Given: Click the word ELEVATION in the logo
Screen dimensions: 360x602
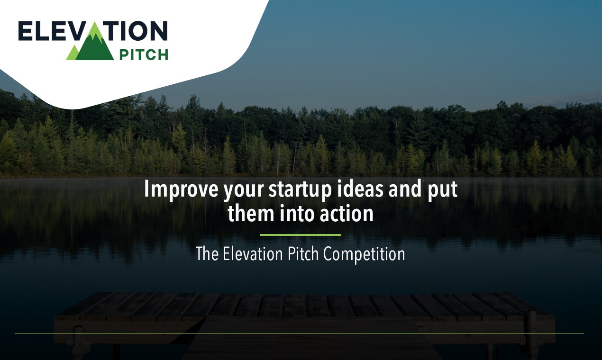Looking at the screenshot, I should [x=93, y=31].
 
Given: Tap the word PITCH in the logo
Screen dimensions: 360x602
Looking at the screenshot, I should [x=143, y=54].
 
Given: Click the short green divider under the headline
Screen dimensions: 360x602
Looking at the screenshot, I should [x=301, y=234].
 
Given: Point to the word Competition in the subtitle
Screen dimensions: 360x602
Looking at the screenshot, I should [x=365, y=254].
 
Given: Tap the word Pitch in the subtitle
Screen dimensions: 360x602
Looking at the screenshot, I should [x=304, y=254].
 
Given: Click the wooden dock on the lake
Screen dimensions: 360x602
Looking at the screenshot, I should [x=303, y=313].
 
